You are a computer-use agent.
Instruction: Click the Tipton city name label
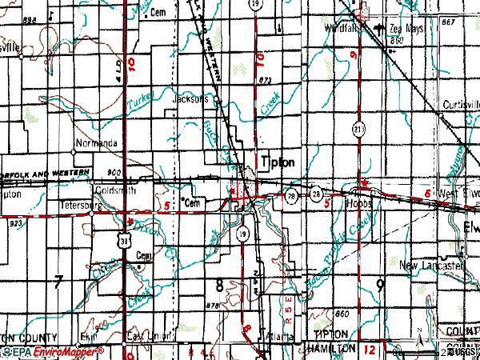(x=278, y=162)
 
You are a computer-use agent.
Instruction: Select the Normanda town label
(x=96, y=144)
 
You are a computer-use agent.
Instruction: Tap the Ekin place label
(x=88, y=337)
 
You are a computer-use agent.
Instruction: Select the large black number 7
(x=58, y=281)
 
